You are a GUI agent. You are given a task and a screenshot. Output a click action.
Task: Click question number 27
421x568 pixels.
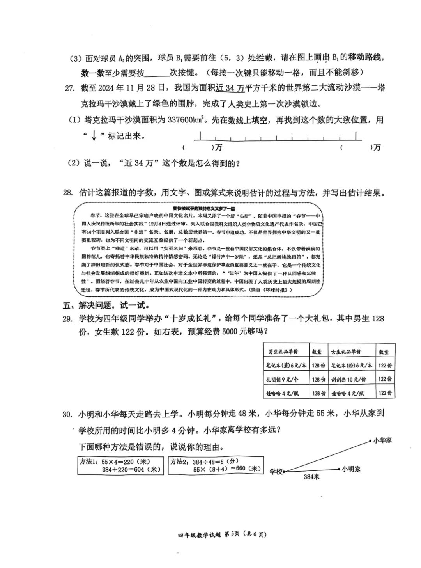69,88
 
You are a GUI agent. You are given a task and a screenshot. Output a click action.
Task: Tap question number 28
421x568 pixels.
68,193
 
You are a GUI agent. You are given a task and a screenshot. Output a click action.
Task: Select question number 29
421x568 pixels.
68,319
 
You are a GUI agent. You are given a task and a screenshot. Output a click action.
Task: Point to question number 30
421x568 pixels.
68,414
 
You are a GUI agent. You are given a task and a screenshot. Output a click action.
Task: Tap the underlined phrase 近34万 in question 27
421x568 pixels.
230,88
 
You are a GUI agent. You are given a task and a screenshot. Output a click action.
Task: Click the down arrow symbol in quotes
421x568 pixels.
94,136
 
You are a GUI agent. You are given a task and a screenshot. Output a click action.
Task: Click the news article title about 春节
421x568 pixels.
202,208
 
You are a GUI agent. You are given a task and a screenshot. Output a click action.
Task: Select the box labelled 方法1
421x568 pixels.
120,465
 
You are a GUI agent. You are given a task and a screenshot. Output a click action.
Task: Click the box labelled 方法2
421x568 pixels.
216,465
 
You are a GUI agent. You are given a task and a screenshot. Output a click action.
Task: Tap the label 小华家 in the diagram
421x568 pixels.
382,440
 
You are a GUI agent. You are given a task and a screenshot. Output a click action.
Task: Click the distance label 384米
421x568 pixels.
311,477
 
